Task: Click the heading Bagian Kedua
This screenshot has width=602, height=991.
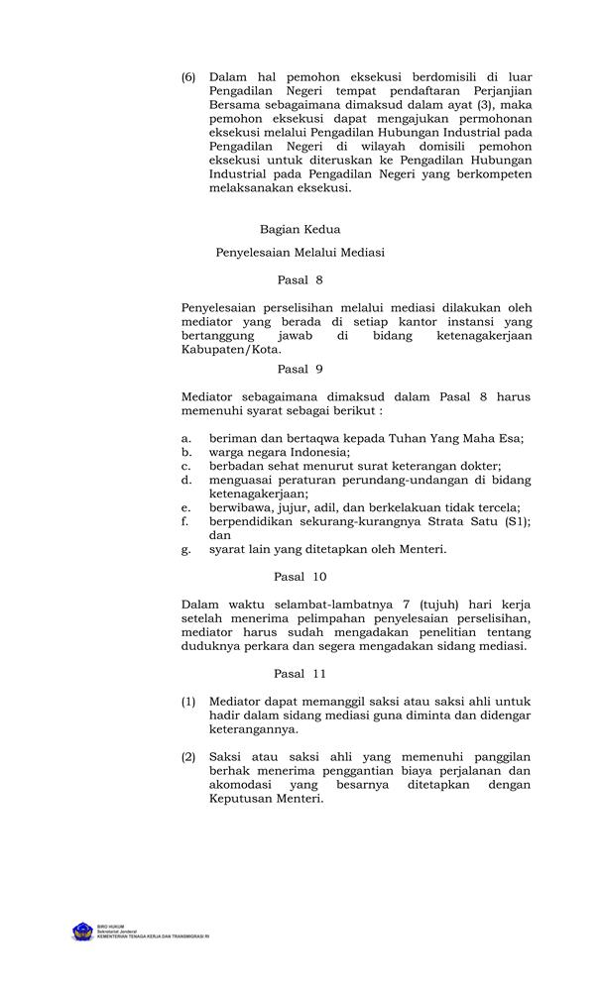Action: pos(300,229)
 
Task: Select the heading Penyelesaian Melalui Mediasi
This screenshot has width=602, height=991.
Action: pos(300,253)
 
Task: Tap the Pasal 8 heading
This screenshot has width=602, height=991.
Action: pos(300,279)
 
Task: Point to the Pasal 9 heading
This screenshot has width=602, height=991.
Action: pos(300,369)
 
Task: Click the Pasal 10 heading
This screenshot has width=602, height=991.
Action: pos(300,575)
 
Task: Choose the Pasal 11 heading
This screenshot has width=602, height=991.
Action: pos(300,674)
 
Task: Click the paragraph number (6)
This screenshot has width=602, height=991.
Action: pos(188,75)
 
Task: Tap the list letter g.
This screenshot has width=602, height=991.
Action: pos(185,548)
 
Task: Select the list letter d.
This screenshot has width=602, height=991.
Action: pos(185,480)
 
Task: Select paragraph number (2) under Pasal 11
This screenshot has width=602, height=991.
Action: pos(188,757)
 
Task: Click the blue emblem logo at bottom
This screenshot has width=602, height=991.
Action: pos(82,932)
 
